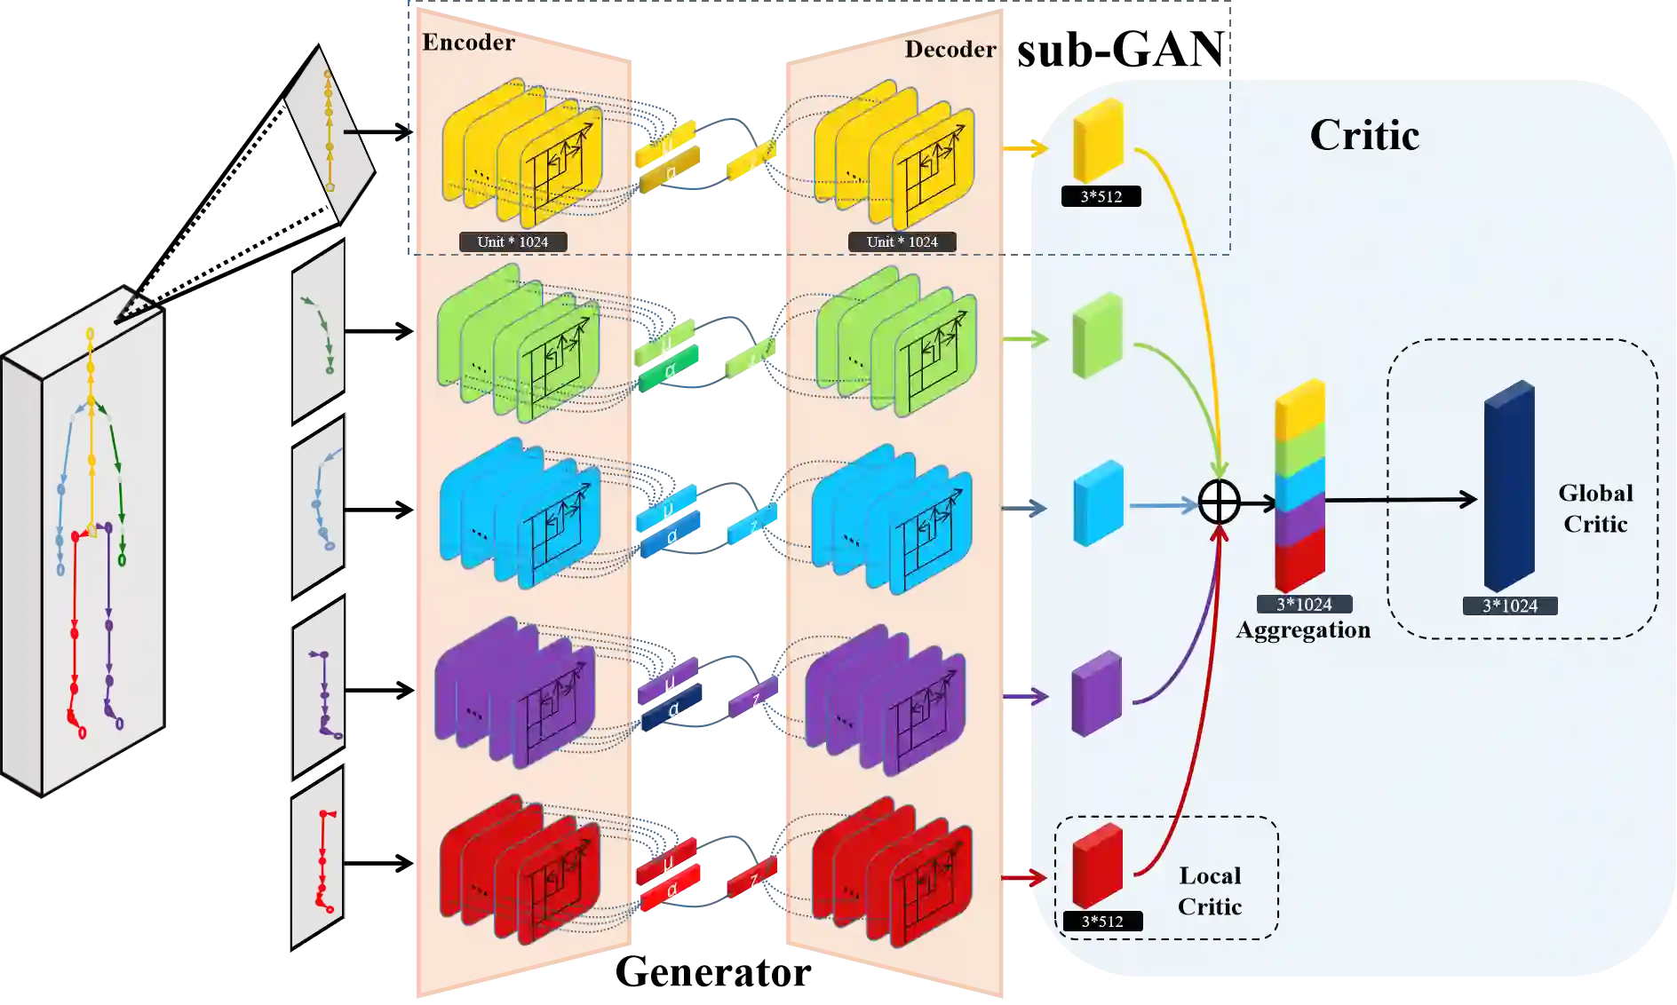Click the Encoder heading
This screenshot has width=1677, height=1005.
[468, 43]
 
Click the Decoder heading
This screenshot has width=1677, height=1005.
[950, 50]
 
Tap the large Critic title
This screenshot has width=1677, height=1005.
[1364, 136]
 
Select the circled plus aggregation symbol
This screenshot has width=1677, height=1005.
[1219, 502]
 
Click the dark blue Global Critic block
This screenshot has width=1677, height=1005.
[1509, 486]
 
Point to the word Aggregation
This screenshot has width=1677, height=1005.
[1303, 630]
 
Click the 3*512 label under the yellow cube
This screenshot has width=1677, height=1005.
[1101, 196]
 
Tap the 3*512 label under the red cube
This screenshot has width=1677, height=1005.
[1101, 922]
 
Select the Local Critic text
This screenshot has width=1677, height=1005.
[1210, 890]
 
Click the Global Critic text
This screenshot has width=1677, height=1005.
[1595, 509]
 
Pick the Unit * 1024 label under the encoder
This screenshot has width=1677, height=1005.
[513, 241]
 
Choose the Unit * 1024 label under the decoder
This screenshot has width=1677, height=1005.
[902, 241]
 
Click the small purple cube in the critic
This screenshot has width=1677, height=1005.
[1097, 694]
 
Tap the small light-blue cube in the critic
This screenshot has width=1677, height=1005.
[1098, 502]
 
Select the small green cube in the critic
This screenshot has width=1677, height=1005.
[1097, 336]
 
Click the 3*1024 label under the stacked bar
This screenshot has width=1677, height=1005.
[1304, 605]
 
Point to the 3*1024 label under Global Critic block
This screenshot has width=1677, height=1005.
[1509, 606]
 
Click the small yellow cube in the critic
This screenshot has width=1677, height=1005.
[1098, 140]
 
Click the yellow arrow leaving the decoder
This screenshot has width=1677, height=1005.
[1026, 147]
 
